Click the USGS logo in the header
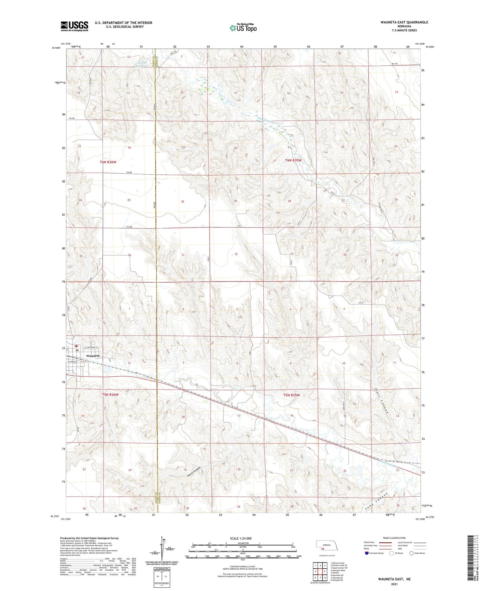pyautogui.click(x=74, y=26)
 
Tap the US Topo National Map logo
pyautogui.click(x=243, y=27)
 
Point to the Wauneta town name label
pyautogui.click(x=93, y=356)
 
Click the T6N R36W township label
pyautogui.click(x=108, y=162)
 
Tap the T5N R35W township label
pyautogui.click(x=292, y=395)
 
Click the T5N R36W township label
pyautogui.click(x=110, y=395)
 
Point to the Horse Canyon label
pyautogui.click(x=194, y=472)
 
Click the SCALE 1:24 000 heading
pyautogui.click(x=241, y=538)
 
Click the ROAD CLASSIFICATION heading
pyautogui.click(x=394, y=538)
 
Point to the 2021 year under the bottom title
pyautogui.click(x=394, y=584)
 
